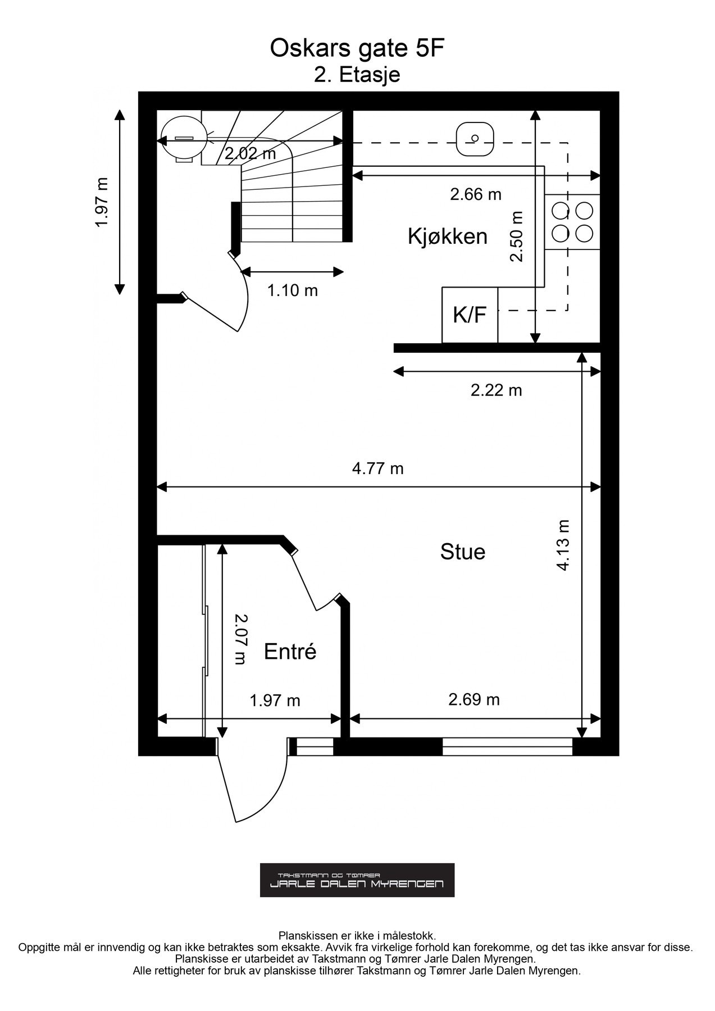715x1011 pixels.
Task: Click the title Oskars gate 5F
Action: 357,49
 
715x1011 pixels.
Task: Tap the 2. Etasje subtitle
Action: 357,75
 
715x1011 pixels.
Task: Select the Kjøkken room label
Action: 448,236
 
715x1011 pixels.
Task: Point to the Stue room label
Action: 463,552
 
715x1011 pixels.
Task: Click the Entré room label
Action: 290,652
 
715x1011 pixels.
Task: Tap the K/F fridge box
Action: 470,315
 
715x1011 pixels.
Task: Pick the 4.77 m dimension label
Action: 378,468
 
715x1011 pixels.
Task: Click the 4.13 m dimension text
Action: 563,545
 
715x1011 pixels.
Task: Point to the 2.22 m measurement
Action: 497,390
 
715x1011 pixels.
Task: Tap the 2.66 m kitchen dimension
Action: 476,194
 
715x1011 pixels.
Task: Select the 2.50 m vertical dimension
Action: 517,236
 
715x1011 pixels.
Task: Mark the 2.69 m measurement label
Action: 474,699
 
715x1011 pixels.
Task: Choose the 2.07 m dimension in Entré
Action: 240,639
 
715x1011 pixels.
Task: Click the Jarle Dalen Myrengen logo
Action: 357,880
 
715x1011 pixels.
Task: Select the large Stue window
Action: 508,746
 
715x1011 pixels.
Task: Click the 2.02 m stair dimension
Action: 251,153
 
